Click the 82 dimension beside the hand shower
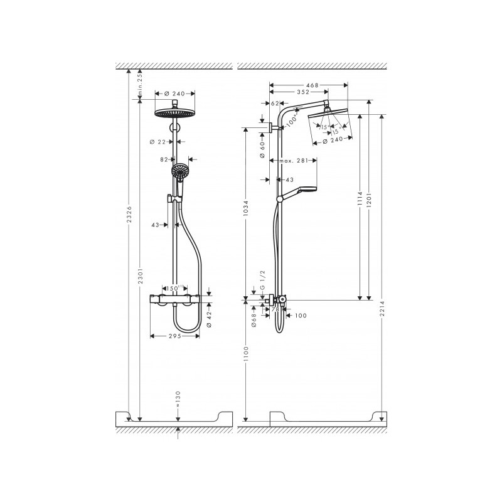coord(164,160)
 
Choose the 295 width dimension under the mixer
coord(174,336)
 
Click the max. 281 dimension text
coord(295,161)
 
